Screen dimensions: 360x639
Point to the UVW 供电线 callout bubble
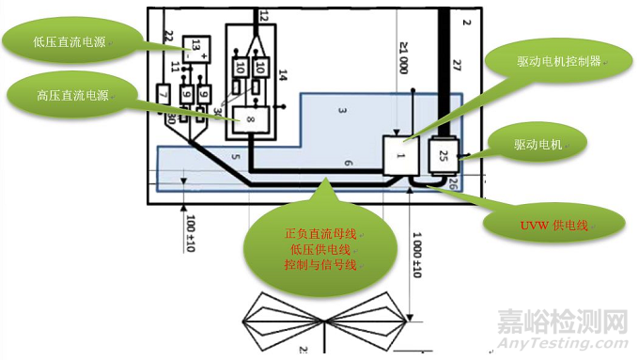tap(553, 223)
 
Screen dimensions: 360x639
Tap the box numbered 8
tap(251, 121)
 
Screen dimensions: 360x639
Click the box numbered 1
tap(400, 154)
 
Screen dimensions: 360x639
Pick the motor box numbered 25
tap(442, 152)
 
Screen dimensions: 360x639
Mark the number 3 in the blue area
tap(343, 113)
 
